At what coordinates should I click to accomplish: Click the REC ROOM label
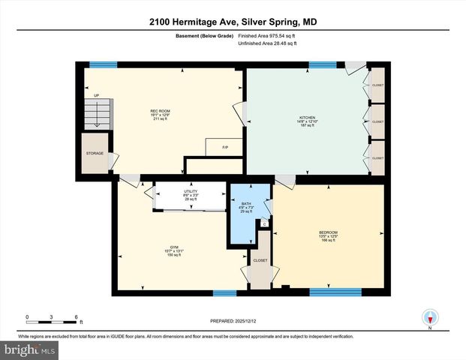(x=161, y=111)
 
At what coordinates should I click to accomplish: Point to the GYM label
(x=174, y=247)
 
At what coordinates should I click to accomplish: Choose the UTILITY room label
(x=191, y=191)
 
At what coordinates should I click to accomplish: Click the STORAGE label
(x=95, y=153)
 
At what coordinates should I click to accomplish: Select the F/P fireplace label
(x=225, y=147)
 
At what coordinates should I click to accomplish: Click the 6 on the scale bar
(x=76, y=316)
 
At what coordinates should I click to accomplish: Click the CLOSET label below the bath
(x=260, y=260)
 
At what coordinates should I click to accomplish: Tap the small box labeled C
(x=264, y=223)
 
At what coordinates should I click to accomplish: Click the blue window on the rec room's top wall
(x=103, y=65)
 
